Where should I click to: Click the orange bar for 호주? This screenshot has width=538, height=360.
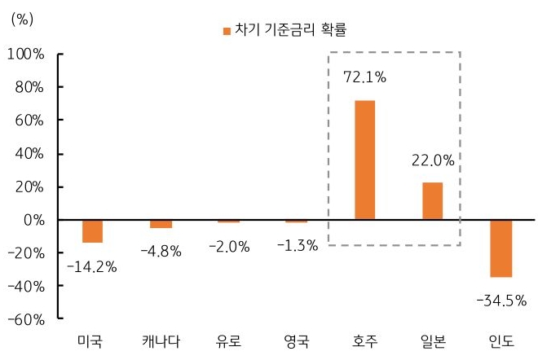[364, 160]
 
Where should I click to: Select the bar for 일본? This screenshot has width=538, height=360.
[433, 201]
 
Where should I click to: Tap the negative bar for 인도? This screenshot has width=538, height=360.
[501, 248]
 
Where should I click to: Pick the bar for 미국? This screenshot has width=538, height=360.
[92, 231]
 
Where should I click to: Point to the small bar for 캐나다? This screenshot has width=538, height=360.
[161, 224]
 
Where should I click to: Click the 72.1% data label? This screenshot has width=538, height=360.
[364, 78]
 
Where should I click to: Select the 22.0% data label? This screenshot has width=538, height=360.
[433, 162]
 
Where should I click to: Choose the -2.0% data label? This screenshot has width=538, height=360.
[229, 245]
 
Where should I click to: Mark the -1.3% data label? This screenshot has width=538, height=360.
[297, 245]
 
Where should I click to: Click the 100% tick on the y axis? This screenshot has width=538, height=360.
[29, 54]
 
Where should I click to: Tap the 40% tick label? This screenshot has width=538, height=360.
[32, 154]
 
